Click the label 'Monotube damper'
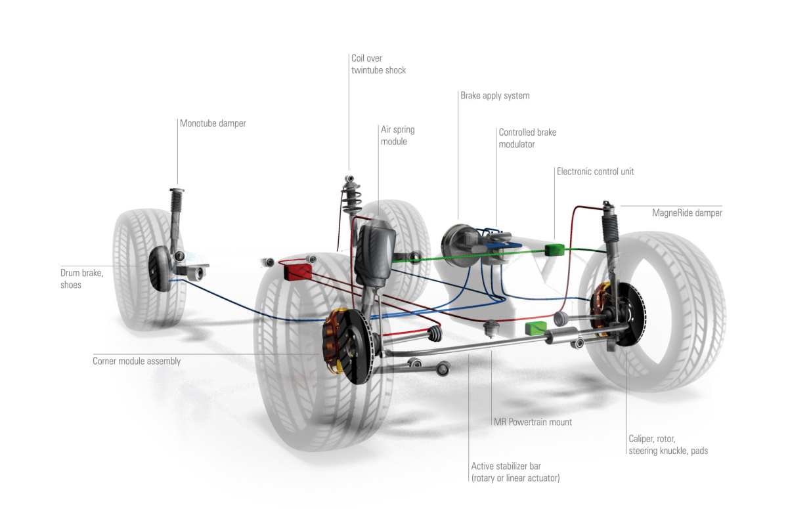pos(213,123)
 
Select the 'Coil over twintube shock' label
pos(378,64)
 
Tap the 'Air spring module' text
pos(397,136)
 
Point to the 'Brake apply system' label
pos(494,96)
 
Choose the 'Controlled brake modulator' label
pos(527,138)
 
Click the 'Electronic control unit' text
pos(595,172)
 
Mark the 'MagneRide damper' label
pos(687,213)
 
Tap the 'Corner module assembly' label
pos(137,361)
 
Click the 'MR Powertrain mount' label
pos(532,422)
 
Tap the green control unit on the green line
pos(554,249)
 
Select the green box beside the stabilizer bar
pos(536,328)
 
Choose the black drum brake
pos(162,268)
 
